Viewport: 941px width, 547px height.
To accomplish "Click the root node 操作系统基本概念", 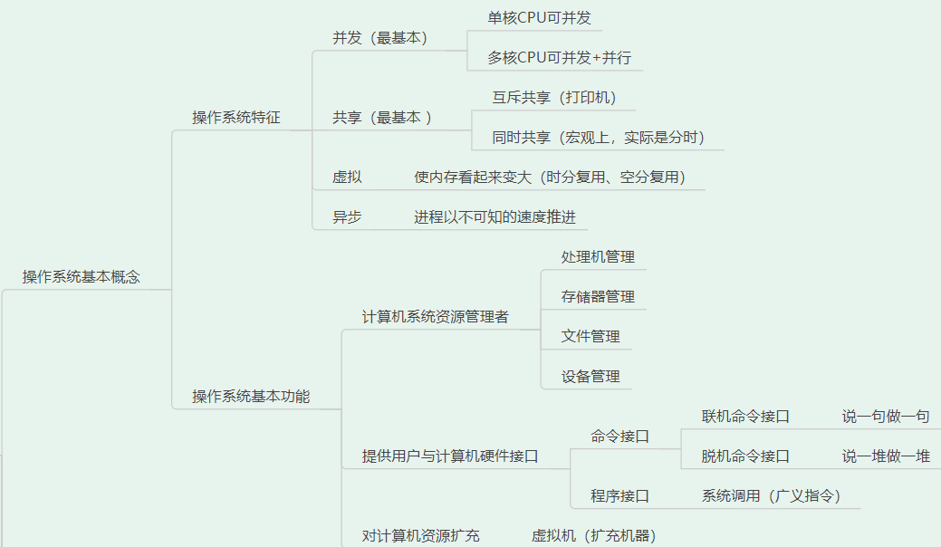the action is [x=82, y=277].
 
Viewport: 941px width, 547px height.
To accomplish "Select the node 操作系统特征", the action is [x=236, y=118].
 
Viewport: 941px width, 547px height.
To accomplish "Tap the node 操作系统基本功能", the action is [x=251, y=396].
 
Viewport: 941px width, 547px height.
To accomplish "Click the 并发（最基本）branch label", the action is [x=379, y=38].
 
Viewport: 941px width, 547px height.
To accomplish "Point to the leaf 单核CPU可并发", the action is [x=540, y=18].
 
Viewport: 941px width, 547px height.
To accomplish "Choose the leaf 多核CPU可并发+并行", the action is [x=559, y=58].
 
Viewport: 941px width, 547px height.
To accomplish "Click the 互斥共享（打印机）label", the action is [x=554, y=98].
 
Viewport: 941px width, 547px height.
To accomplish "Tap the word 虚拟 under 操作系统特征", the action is [x=347, y=178].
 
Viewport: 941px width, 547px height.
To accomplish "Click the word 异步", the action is [x=347, y=217].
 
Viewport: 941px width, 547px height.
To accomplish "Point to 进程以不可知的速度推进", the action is [x=495, y=217].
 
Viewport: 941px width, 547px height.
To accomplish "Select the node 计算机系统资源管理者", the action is [x=436, y=317].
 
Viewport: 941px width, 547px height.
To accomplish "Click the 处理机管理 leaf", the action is [x=598, y=257].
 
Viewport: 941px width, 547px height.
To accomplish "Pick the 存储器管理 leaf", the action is [x=598, y=297].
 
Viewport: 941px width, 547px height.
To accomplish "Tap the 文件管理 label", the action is [x=591, y=337].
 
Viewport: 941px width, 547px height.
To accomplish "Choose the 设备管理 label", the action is [x=591, y=377].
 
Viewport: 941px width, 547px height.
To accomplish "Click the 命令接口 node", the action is [x=620, y=437].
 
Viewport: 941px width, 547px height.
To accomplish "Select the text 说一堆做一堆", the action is [x=886, y=456].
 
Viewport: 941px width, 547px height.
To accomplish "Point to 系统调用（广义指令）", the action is [x=771, y=496].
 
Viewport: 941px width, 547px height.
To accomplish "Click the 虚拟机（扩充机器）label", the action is [x=593, y=536].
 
